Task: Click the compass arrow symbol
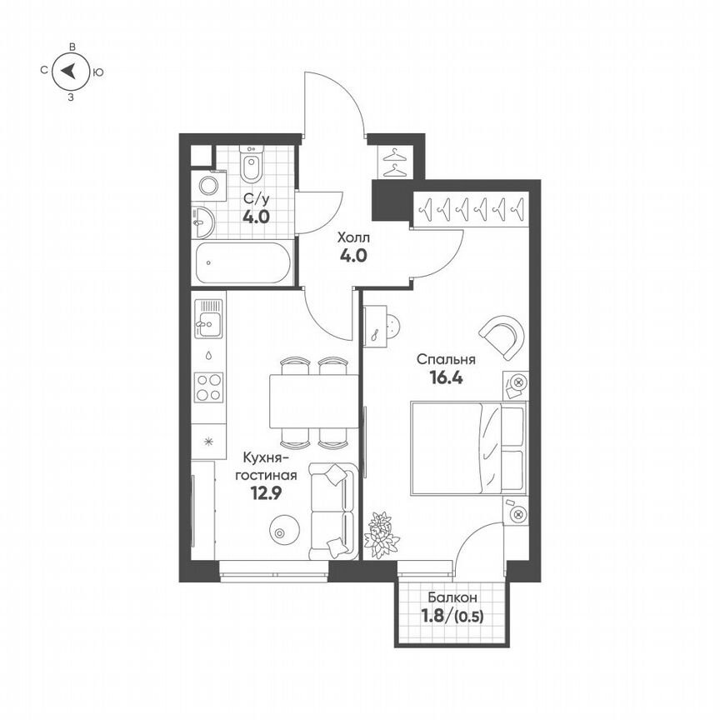tap(72, 72)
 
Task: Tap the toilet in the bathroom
tap(251, 167)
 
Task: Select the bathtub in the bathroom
tap(241, 264)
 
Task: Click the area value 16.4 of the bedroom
tap(446, 377)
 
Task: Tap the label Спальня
tap(446, 359)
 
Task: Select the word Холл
tap(352, 237)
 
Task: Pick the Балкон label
tap(452, 597)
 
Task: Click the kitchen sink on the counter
tap(208, 318)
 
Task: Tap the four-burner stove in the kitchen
tap(208, 387)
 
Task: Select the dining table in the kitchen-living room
tap(313, 400)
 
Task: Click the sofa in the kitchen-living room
tap(333, 511)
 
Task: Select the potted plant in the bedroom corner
tap(382, 533)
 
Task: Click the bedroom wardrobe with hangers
tap(471, 208)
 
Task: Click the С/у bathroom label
tap(255, 199)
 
